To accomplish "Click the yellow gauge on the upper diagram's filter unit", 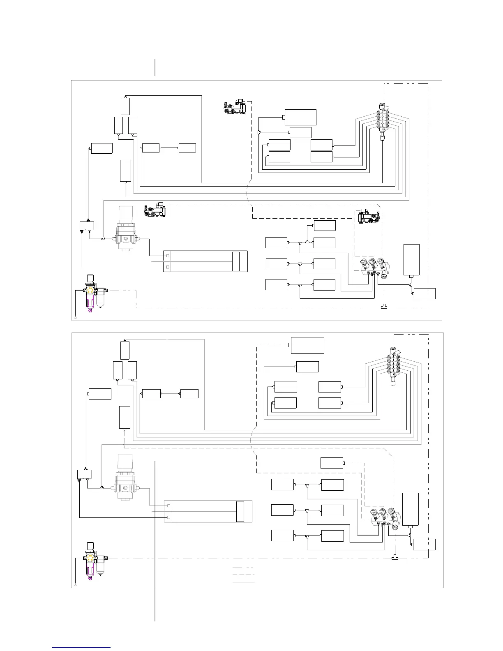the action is click(x=89, y=291).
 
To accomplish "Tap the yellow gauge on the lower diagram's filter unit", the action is click(x=89, y=558).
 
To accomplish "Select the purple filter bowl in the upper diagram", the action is click(x=90, y=303).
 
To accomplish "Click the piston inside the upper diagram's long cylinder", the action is click(x=235, y=261).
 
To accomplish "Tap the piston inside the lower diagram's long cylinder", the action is click(x=240, y=512).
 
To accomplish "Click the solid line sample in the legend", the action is click(x=243, y=582).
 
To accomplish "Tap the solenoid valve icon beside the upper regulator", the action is click(x=155, y=210).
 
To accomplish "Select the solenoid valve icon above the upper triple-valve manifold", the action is click(x=367, y=216).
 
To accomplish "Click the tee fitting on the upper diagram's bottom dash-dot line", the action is click(x=384, y=307).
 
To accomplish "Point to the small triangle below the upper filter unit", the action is click(x=76, y=318).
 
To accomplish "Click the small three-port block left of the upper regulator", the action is click(x=86, y=226).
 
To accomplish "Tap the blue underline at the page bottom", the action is click(x=81, y=648).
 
